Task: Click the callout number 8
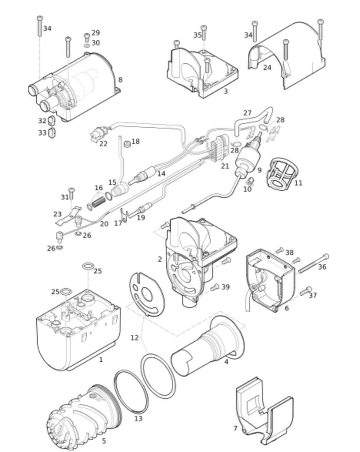click(120, 80)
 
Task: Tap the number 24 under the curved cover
click(267, 68)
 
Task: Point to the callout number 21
click(225, 166)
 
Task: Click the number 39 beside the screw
click(225, 287)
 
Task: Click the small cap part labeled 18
click(127, 144)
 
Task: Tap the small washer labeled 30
click(87, 45)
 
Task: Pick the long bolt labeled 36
click(313, 264)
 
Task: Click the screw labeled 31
click(72, 194)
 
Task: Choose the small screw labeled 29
click(87, 38)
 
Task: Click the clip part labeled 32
click(51, 121)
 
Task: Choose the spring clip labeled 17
click(124, 215)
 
